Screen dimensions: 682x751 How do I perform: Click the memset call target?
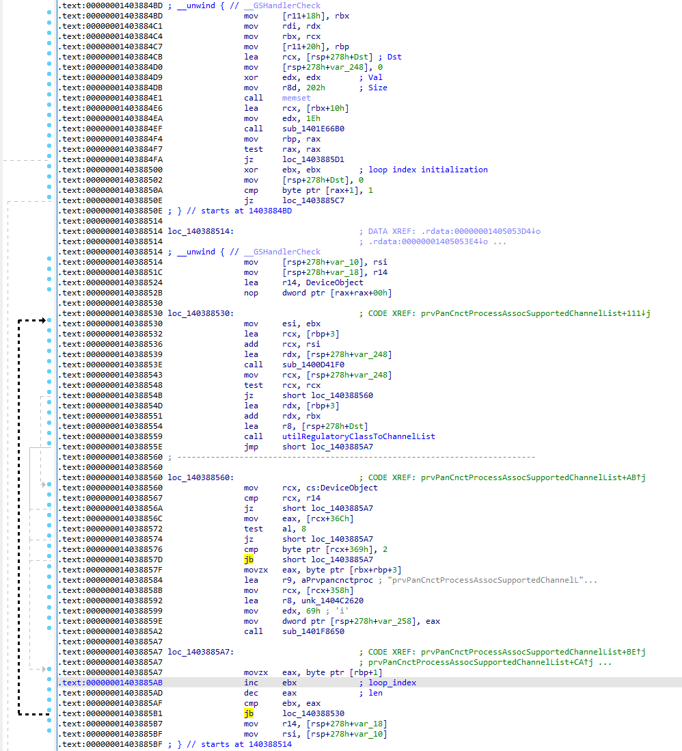coord(297,98)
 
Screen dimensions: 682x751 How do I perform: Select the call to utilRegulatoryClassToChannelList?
coord(359,436)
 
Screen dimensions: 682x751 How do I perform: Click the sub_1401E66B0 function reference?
coord(313,129)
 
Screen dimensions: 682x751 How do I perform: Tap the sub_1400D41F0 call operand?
coord(313,365)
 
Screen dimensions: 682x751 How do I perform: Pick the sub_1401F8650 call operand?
coord(313,631)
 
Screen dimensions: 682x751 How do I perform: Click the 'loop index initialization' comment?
coord(428,170)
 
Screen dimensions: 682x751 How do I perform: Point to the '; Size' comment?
coord(373,88)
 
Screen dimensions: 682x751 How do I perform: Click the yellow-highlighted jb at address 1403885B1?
coord(248,713)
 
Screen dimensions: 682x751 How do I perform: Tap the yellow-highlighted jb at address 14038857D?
coord(248,559)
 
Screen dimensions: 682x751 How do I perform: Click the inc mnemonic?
coord(251,683)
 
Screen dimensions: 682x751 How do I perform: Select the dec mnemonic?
coord(251,693)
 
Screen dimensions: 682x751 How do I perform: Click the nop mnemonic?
coord(251,293)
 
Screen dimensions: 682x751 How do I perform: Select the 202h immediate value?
coord(316,88)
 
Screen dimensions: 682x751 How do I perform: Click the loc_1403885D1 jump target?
coord(313,159)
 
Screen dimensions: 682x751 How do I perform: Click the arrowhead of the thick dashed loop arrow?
coord(43,320)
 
